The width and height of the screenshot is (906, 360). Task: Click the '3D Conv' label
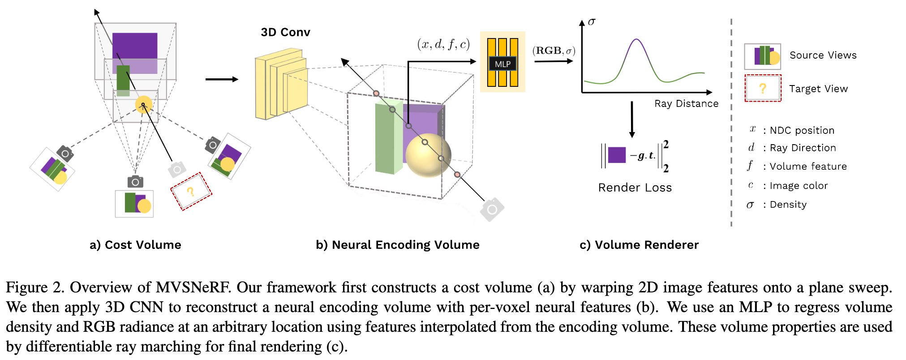pos(285,32)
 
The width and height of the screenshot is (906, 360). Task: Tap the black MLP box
pos(502,64)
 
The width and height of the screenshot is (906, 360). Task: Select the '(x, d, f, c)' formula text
pos(443,44)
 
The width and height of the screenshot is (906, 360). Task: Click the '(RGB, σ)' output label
pos(554,51)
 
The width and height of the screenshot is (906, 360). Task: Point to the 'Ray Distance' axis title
pos(686,104)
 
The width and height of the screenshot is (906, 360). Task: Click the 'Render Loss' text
pos(635,188)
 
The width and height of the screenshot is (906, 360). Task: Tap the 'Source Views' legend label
pos(823,55)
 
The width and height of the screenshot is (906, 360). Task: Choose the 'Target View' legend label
pos(818,89)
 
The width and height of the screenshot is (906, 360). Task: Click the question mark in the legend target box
pos(763,89)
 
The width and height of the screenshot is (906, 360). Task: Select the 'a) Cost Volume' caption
pos(135,245)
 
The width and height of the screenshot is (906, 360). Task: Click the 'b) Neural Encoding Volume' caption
pos(397,245)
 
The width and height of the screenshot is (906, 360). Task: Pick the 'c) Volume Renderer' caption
pos(639,245)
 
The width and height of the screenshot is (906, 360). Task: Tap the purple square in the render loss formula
pos(617,155)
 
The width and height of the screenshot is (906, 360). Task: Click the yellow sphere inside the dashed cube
pos(428,155)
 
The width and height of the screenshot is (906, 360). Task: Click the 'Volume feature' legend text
pos(808,167)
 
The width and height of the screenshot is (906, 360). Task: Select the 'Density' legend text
pos(788,205)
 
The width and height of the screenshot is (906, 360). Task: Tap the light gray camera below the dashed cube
pos(492,209)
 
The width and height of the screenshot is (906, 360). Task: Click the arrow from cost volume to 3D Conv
pos(222,79)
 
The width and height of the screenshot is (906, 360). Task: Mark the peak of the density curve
pos(636,39)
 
